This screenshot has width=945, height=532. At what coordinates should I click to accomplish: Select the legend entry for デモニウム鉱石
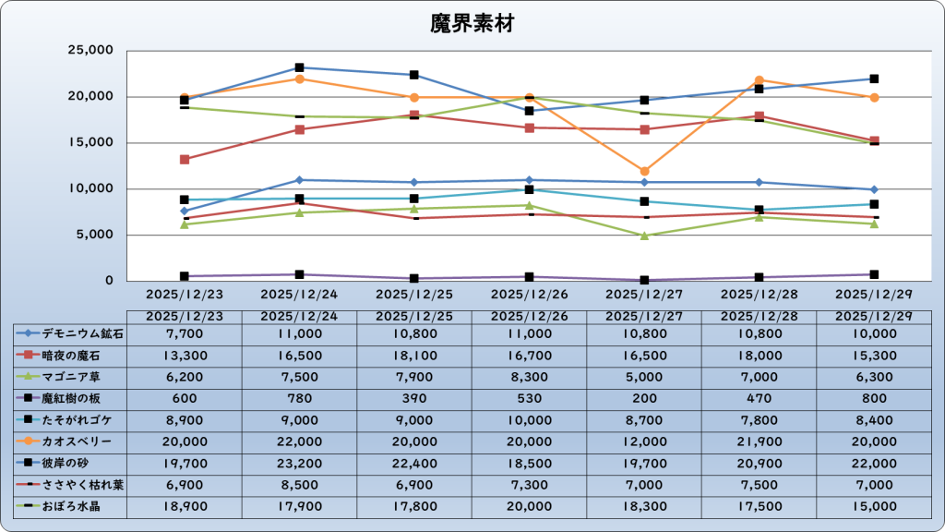point(70,333)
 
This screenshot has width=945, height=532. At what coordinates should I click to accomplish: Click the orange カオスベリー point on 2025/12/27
point(644,171)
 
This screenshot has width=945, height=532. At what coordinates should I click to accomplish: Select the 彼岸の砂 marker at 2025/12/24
point(299,67)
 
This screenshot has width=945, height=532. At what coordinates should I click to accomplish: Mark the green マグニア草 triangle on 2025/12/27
point(644,236)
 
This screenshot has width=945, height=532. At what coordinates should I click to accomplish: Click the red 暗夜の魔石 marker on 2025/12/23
point(185,160)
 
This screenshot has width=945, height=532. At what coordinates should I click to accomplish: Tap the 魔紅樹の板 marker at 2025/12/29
point(873,274)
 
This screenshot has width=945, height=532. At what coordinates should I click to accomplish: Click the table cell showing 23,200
point(299,463)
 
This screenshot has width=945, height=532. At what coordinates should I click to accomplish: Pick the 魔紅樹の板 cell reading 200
point(644,398)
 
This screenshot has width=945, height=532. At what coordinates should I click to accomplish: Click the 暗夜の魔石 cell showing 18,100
point(414,355)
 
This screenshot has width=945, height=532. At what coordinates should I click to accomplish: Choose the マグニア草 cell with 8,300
point(529,377)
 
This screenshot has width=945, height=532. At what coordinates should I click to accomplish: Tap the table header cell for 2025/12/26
point(529,316)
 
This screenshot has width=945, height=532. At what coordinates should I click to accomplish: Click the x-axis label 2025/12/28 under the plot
point(759,295)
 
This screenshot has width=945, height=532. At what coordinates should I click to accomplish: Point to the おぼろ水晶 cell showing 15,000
point(873,506)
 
